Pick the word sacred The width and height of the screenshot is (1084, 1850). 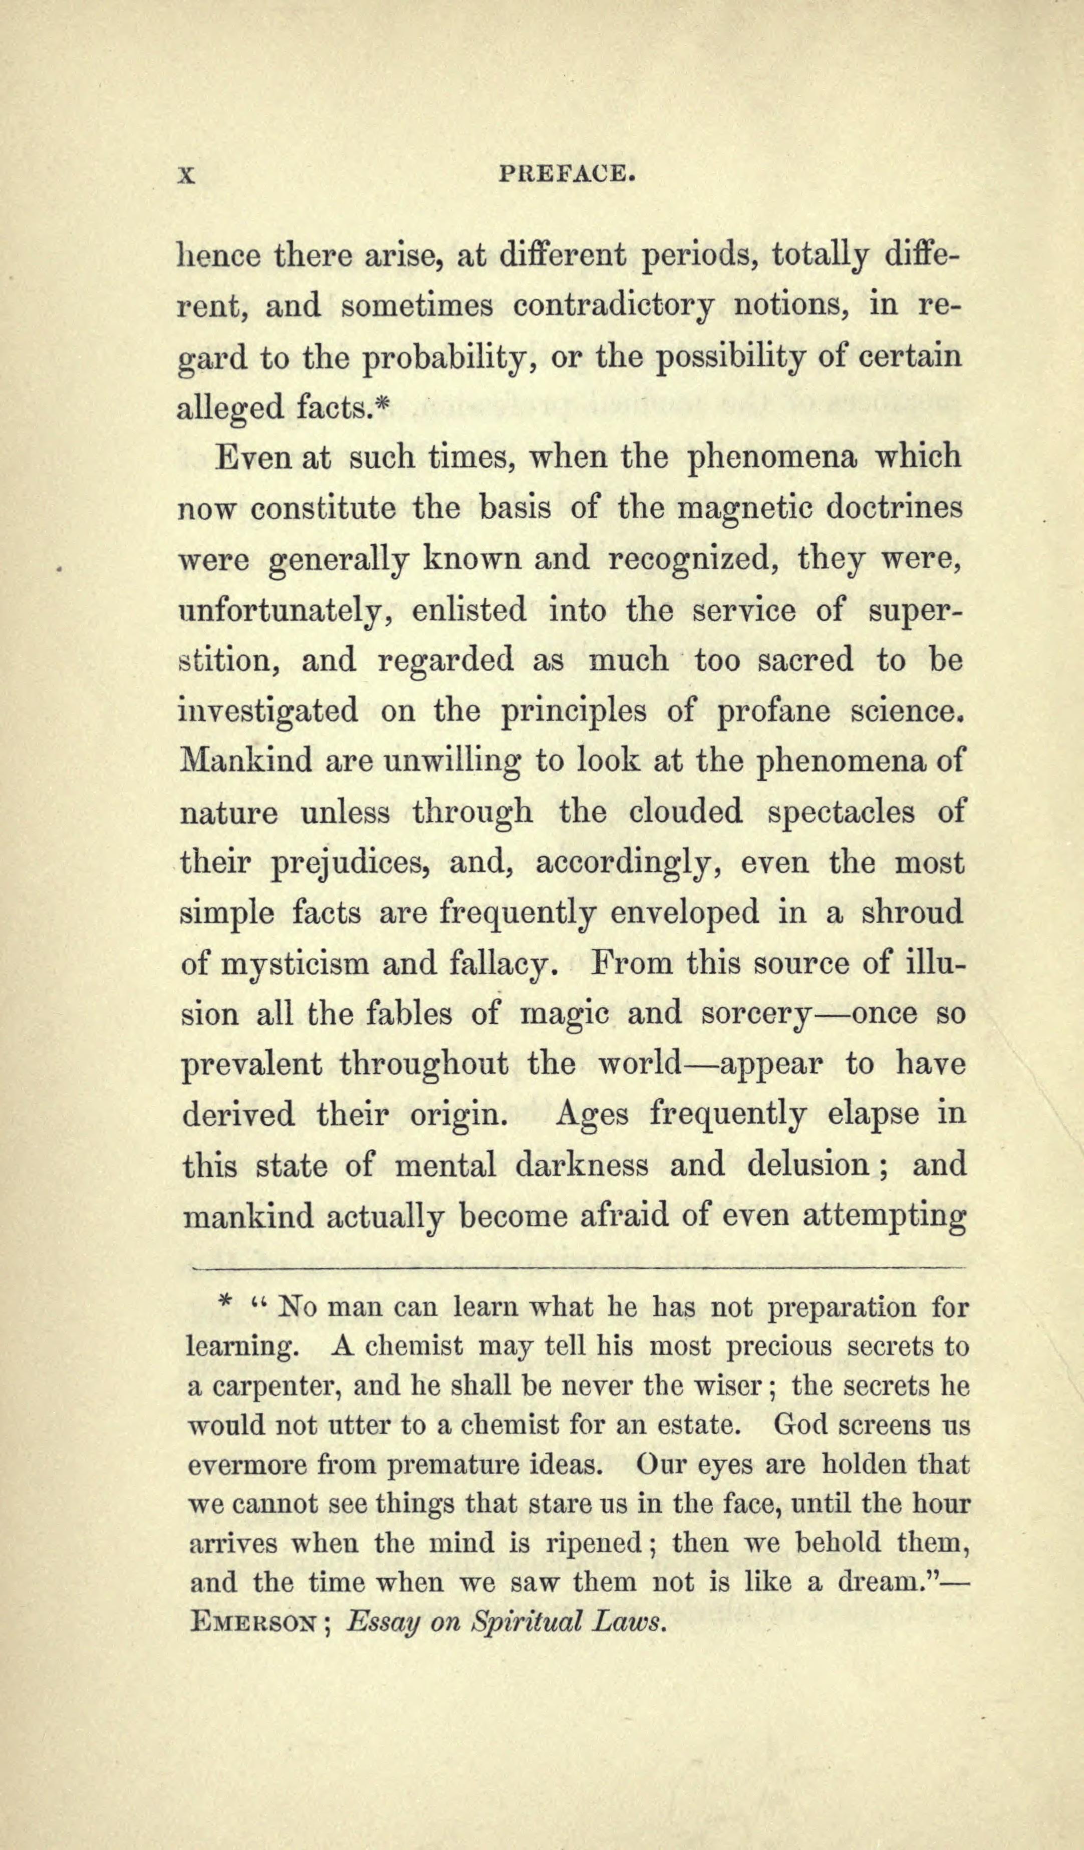pos(805,660)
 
